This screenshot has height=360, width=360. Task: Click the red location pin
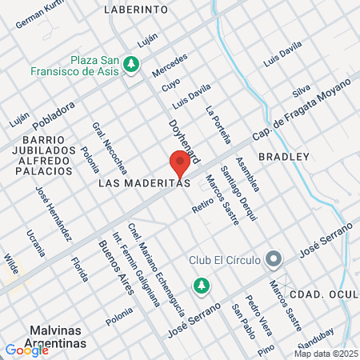pyautogui.click(x=180, y=164)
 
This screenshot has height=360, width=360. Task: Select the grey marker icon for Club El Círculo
pyautogui.click(x=274, y=259)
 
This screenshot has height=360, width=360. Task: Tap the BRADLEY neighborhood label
pyautogui.click(x=283, y=156)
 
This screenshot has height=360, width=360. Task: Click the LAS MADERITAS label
pyautogui.click(x=143, y=182)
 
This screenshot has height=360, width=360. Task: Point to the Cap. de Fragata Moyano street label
pyautogui.click(x=302, y=108)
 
